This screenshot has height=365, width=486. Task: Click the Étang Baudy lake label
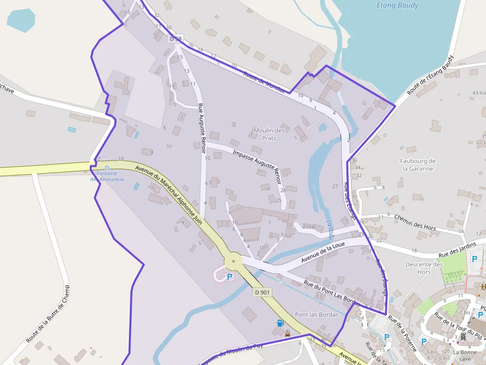[x=397, y=5]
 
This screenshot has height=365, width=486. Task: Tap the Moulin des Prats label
[x=269, y=134]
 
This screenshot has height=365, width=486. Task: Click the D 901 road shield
[x=262, y=292]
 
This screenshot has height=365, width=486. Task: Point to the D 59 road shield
[x=176, y=38]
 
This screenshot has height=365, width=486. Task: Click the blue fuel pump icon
[x=280, y=323]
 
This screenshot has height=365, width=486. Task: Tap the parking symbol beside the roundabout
[x=229, y=277]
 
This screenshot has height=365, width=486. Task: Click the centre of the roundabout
[x=233, y=261]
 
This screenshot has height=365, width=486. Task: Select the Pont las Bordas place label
[x=316, y=314]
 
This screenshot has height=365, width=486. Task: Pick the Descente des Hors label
[x=424, y=268]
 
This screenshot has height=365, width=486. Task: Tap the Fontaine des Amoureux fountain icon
[x=107, y=168]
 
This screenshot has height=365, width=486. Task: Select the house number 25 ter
[x=309, y=227]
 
